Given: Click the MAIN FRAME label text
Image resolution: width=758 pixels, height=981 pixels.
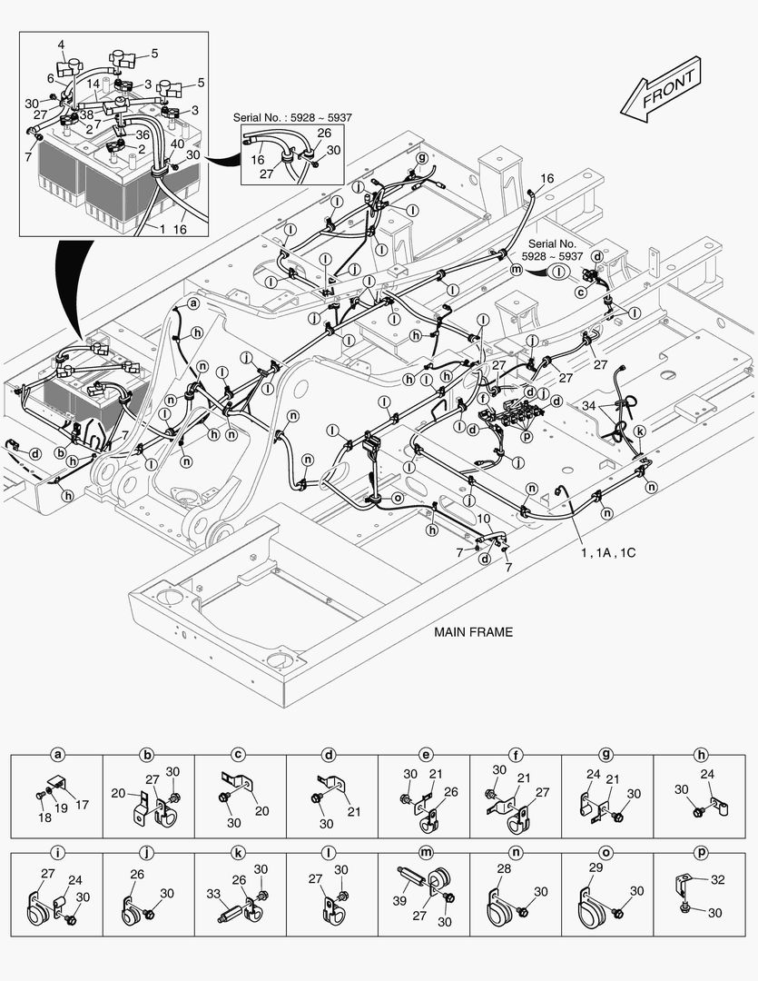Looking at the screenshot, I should coord(473,632).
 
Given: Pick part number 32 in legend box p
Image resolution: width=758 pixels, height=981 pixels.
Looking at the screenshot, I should coord(717,879).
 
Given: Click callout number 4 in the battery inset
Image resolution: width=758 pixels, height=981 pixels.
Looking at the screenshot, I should coord(61,44).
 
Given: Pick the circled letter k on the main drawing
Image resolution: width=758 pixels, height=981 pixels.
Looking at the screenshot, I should coord(639,431).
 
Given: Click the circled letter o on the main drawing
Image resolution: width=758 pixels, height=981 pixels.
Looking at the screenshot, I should coord(397,498).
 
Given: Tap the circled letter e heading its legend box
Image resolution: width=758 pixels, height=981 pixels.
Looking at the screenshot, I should coord(424,755).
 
